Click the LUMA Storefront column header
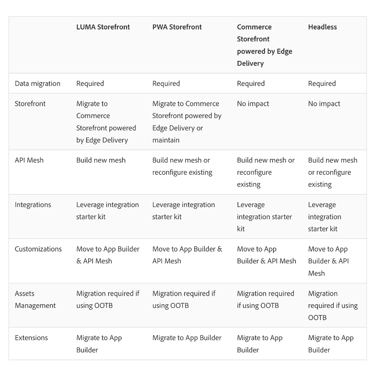103,27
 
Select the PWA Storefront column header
177,27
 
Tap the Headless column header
322,27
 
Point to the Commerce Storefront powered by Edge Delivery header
264,45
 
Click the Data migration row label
38,83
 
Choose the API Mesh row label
29,160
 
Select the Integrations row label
33,205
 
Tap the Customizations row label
38,249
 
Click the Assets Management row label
35,299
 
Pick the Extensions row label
31,338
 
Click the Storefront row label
30,104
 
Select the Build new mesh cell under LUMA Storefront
101,160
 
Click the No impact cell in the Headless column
324,104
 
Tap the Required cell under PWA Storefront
166,83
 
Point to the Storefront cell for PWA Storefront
187,122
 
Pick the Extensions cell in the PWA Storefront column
187,338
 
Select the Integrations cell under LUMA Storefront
107,211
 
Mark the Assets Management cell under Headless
333,305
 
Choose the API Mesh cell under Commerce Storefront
266,172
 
